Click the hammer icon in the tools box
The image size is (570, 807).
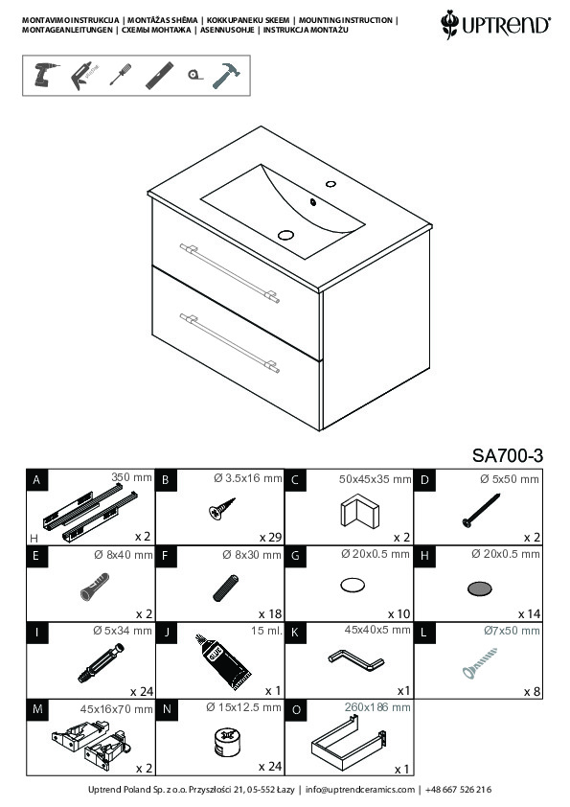(x=226, y=76)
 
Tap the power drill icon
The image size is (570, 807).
(x=45, y=75)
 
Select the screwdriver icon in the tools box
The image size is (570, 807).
(x=121, y=75)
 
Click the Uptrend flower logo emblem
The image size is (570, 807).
(x=449, y=24)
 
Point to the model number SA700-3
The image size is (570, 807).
(x=507, y=455)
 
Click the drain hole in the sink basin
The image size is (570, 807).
(x=285, y=235)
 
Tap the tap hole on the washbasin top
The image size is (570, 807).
(x=331, y=184)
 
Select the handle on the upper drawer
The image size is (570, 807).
(x=230, y=273)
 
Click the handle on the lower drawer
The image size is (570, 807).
(x=230, y=343)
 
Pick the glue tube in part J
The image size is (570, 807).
(x=223, y=662)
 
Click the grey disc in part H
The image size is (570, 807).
(x=479, y=588)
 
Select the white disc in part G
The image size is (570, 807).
(x=353, y=586)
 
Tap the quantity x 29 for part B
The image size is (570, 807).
(x=270, y=538)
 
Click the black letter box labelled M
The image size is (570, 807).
(x=37, y=709)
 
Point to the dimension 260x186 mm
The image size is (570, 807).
(x=377, y=707)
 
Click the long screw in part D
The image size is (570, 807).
(x=482, y=510)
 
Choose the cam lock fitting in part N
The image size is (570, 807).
(x=226, y=742)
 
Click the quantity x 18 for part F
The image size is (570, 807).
(x=270, y=614)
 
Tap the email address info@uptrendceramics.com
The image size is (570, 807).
(x=360, y=790)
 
